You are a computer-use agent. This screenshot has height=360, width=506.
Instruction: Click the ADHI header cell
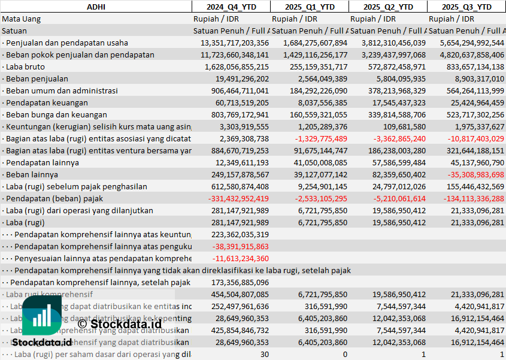(96, 7)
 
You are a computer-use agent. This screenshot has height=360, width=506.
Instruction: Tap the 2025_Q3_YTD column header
(466, 7)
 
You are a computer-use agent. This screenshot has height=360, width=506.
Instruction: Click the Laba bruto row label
(23, 66)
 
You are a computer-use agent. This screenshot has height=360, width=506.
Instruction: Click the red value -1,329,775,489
(321, 138)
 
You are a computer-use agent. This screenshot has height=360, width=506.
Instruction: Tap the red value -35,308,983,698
(472, 174)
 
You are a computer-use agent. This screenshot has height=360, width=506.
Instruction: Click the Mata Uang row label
(22, 19)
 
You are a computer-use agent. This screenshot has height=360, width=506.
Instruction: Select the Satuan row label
(14, 31)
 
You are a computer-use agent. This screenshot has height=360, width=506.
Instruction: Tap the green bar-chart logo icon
(42, 315)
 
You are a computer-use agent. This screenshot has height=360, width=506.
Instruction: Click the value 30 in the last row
(264, 354)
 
